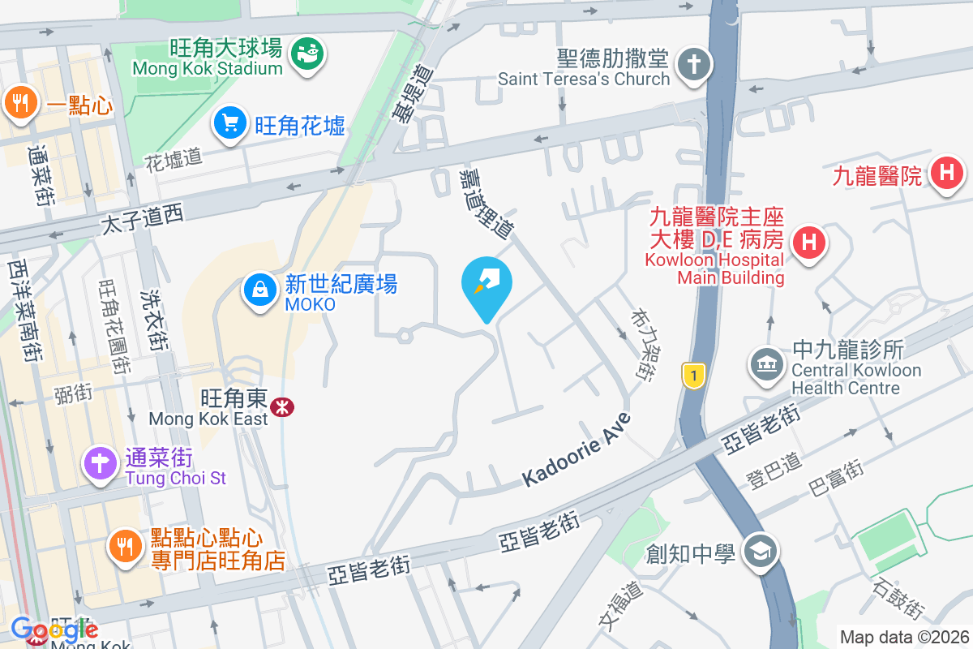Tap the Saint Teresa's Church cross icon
tap(693, 64)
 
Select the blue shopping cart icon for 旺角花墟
tap(230, 123)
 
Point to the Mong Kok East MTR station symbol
tap(281, 406)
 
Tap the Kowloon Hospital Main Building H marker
tap(808, 242)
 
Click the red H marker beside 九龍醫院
tap(946, 173)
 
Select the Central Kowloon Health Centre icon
tap(765, 363)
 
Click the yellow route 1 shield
tap(692, 376)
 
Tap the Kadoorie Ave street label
tap(577, 449)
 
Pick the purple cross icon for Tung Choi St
tap(101, 464)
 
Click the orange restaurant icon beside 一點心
tap(18, 103)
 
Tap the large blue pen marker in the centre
tap(486, 284)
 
